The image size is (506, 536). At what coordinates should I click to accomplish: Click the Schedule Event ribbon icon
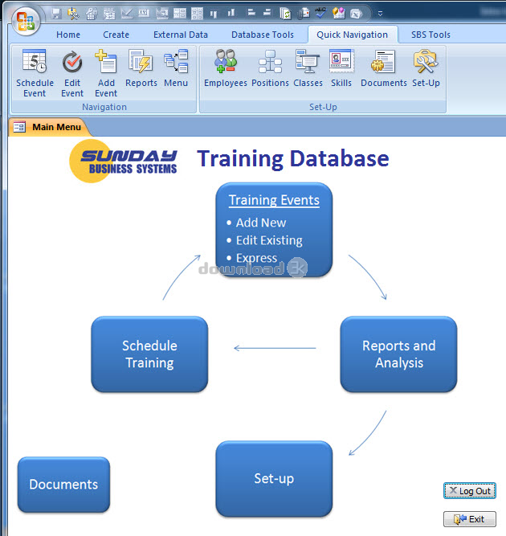click(x=35, y=61)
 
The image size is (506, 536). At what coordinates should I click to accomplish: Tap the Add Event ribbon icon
click(x=106, y=61)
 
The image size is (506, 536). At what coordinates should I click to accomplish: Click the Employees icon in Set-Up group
click(x=226, y=61)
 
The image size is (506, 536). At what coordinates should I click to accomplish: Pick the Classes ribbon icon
click(x=308, y=61)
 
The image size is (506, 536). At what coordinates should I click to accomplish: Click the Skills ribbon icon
click(x=341, y=61)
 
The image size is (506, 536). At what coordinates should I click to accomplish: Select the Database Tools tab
click(x=263, y=35)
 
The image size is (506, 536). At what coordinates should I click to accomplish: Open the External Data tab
click(x=181, y=35)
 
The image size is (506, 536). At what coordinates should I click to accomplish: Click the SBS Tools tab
click(x=431, y=35)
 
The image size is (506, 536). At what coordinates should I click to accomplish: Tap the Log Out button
click(x=469, y=491)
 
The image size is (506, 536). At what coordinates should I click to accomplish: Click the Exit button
click(x=469, y=519)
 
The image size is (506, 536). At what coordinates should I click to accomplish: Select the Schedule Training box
click(x=149, y=354)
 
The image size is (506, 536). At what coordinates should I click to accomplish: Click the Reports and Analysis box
click(x=398, y=354)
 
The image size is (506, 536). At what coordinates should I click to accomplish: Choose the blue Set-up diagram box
click(x=274, y=479)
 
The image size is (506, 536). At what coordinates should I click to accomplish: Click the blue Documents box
click(x=63, y=485)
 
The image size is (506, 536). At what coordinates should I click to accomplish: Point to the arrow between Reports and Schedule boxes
click(x=275, y=348)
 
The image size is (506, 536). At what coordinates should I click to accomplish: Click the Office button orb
click(x=26, y=21)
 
